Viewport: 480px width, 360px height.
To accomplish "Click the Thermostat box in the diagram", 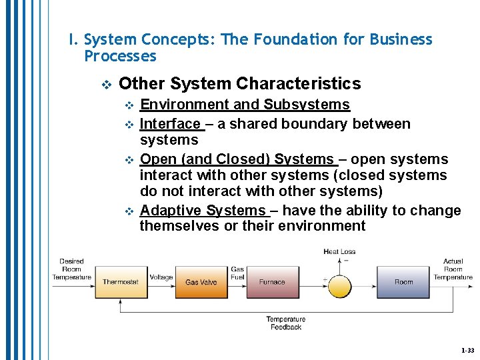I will (x=121, y=282).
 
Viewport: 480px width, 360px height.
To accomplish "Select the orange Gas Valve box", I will (x=201, y=282).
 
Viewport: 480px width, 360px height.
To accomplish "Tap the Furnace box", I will (x=272, y=282).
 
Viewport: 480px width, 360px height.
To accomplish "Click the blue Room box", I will (x=403, y=282).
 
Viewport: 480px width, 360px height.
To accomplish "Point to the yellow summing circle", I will (x=339, y=285).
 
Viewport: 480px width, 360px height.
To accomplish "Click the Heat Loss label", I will (x=339, y=252).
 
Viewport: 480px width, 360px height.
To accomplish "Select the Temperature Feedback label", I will (x=286, y=323).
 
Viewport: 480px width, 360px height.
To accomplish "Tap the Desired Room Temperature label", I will (x=71, y=269).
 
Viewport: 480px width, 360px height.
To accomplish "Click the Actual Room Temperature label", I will (x=453, y=269).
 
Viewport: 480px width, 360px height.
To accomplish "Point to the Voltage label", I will (x=161, y=277).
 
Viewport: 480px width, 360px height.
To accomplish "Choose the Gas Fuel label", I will (x=237, y=273).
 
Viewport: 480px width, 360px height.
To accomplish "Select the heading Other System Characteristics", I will (x=239, y=84).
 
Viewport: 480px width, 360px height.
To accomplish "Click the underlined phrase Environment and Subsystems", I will (x=245, y=105).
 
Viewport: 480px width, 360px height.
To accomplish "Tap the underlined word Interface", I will (x=170, y=124).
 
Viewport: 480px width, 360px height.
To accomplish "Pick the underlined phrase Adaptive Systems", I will (x=203, y=211).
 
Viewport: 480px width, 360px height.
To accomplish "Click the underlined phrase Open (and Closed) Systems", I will (x=237, y=159).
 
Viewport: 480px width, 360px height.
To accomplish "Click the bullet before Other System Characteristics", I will (x=105, y=85).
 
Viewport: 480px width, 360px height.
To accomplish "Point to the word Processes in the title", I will (x=120, y=56).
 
